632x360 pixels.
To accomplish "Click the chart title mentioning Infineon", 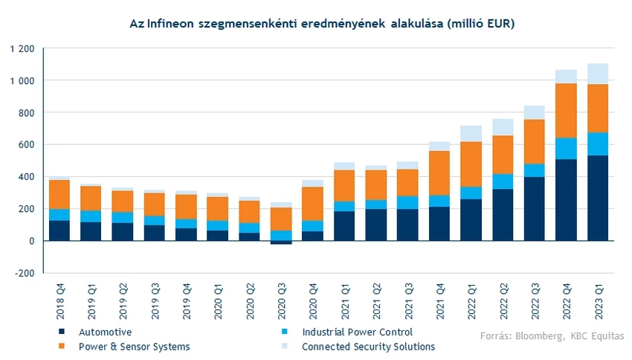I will coord(322,25).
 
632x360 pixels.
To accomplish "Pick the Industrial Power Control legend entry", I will coord(357,332).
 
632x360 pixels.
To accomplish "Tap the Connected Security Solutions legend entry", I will coord(368,347).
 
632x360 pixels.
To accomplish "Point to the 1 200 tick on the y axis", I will coord(22,48).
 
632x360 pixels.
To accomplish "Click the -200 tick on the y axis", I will coord(24,273).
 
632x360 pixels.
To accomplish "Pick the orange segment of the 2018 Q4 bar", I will coord(59,194).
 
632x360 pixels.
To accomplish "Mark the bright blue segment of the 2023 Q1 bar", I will coord(598,144).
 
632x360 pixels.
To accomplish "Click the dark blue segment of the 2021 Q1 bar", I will coord(345,225).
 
